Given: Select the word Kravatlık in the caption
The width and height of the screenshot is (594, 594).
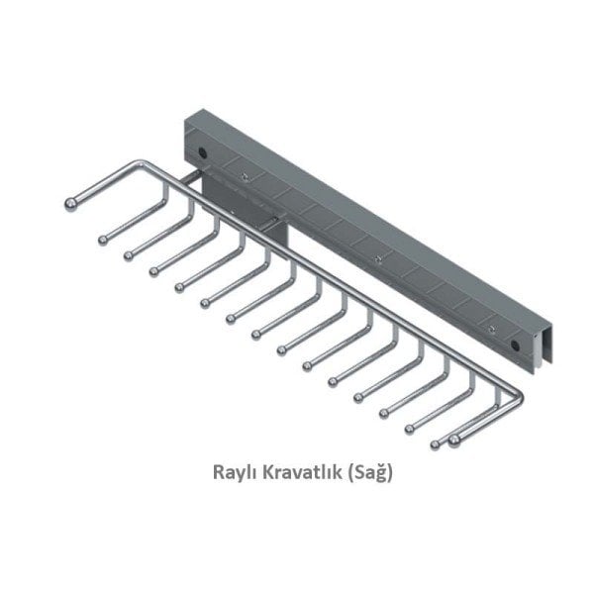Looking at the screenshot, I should click(x=299, y=474).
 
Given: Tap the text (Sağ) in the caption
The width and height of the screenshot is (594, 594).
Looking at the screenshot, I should click(x=372, y=474).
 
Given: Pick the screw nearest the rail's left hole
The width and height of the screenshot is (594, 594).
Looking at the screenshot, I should click(x=244, y=176).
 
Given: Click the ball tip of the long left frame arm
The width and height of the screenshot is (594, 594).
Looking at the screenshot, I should click(x=70, y=205).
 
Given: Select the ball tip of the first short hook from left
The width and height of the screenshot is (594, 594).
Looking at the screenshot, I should click(x=102, y=238).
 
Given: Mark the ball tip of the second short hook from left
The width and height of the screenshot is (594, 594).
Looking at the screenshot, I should click(x=129, y=254).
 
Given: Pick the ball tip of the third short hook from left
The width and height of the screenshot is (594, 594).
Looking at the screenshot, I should click(x=154, y=270).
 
